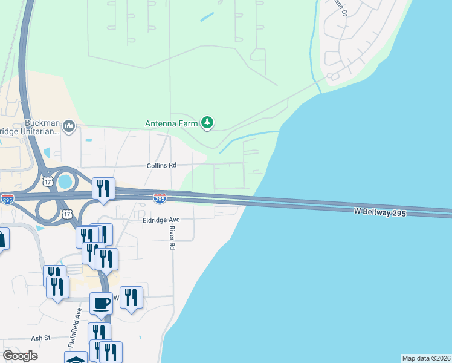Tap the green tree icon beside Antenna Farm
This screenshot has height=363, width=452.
point(208,123)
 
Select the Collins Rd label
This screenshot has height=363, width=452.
point(161,165)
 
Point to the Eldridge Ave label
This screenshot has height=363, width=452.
point(161,220)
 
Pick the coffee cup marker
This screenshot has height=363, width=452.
point(101,303)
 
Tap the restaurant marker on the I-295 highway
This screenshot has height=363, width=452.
point(103,188)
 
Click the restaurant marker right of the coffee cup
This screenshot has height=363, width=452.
point(131,297)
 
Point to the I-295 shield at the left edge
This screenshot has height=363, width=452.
point(7,200)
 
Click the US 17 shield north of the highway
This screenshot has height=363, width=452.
point(47,180)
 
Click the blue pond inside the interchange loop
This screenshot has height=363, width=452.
point(65,180)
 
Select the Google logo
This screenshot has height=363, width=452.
point(20,356)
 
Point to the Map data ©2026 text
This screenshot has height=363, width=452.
point(426,358)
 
